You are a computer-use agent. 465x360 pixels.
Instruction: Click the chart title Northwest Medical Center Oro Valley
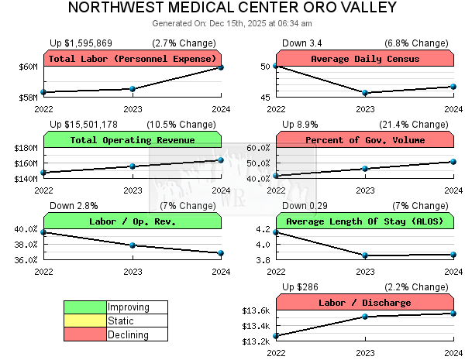(x=232, y=8)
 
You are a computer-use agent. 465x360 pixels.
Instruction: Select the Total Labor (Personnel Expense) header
(x=133, y=59)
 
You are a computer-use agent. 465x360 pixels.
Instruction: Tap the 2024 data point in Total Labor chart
(x=221, y=67)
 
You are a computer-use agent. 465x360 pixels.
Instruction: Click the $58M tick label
(x=28, y=98)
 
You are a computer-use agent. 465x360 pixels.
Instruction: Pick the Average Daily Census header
(x=364, y=59)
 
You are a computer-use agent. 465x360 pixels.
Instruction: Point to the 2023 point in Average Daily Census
(x=364, y=93)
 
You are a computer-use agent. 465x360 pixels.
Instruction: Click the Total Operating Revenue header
(x=133, y=140)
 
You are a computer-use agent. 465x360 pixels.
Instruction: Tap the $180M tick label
(x=26, y=148)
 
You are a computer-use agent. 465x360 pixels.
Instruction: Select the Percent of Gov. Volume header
(x=364, y=140)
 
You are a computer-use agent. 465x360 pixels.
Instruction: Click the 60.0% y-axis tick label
(x=257, y=148)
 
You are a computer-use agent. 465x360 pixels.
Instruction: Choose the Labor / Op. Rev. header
(x=133, y=221)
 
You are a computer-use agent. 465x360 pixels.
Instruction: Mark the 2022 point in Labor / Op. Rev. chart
(x=43, y=232)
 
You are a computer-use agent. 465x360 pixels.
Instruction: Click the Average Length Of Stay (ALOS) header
(x=364, y=221)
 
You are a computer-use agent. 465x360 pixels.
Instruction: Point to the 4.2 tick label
(x=263, y=229)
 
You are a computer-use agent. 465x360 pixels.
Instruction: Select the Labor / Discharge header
(x=364, y=303)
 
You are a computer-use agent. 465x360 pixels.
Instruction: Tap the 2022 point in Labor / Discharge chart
(x=276, y=336)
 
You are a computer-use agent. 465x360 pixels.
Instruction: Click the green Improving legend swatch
(x=85, y=307)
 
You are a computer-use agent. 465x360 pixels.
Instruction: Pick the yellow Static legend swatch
(x=85, y=321)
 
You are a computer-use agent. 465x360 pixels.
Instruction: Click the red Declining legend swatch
(x=85, y=334)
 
